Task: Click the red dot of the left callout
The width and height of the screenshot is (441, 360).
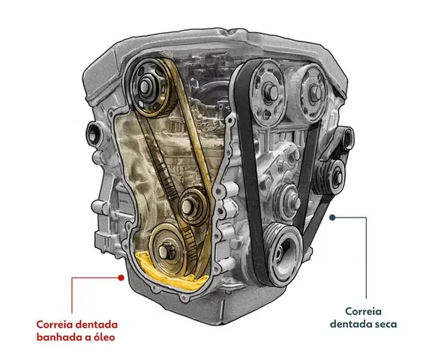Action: (121, 277)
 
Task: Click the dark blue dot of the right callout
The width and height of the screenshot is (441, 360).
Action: (332, 217)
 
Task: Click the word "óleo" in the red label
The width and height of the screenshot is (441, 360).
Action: (103, 337)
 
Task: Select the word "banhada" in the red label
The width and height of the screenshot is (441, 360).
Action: (59, 337)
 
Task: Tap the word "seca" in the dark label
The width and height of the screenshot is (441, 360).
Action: (385, 324)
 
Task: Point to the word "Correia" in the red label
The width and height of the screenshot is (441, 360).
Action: (54, 324)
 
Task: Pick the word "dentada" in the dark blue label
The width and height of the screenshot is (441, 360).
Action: (349, 324)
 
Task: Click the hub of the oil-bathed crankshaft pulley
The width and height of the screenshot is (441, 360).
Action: (164, 250)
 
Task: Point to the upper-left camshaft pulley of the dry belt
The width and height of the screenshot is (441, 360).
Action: (267, 93)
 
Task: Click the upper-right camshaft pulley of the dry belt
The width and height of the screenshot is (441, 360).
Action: (312, 92)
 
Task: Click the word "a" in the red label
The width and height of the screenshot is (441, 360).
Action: (87, 337)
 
